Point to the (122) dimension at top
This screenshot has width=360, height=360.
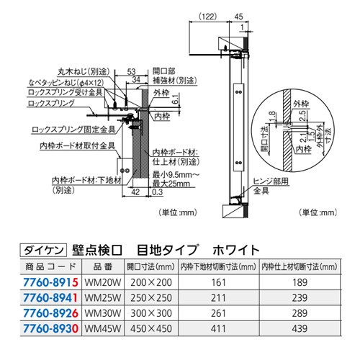tap(208, 14)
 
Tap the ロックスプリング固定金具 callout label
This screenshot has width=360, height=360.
tap(68, 130)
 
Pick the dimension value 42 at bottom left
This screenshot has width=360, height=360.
tap(135, 192)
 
